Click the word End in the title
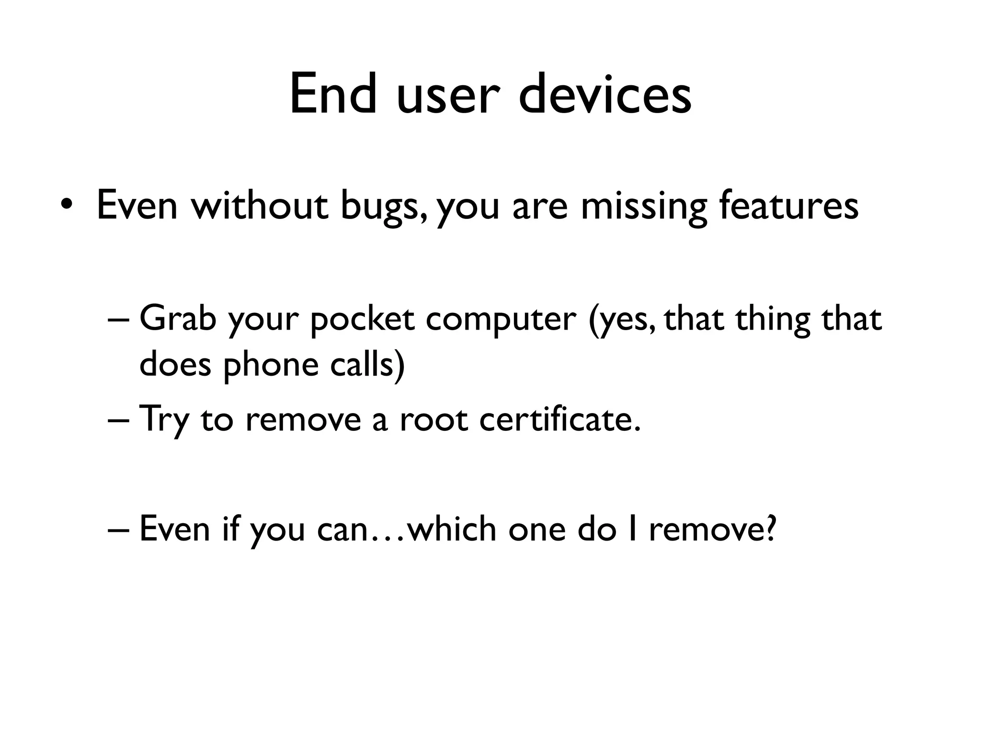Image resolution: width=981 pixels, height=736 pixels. [333, 94]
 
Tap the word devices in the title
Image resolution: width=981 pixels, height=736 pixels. [605, 94]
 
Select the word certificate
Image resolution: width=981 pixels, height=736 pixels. [559, 419]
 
